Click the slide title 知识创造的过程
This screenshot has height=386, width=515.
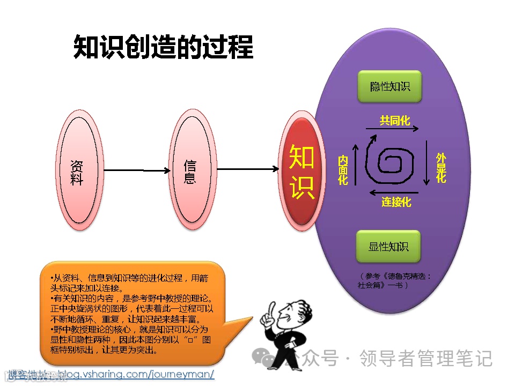coord(163,47)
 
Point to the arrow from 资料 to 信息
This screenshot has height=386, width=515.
coord(137,170)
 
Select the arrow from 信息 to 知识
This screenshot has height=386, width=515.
coord(248,169)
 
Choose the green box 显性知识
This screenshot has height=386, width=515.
coord(389,246)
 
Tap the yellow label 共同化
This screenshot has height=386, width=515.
coord(395,120)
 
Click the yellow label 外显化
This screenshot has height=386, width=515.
coord(441,167)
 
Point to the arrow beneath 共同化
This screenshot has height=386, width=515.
coord(393,129)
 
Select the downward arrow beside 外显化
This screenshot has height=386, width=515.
coord(426,164)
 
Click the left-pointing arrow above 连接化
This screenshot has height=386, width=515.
coord(396,191)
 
